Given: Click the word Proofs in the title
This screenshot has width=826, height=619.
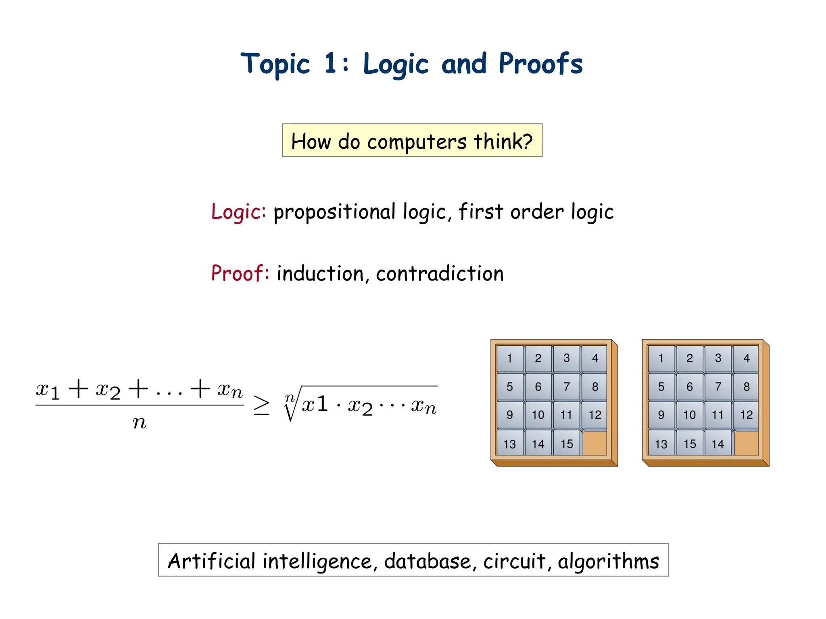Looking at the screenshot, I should tap(540, 64).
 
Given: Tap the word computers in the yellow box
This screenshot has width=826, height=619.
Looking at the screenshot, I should tap(417, 141).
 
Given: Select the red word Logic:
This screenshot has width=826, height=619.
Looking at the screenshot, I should tap(238, 212).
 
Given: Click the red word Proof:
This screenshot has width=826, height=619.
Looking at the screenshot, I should tap(240, 273).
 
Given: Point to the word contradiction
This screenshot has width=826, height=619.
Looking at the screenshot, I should tap(440, 273).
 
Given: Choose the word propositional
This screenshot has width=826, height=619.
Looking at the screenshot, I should tap(334, 212).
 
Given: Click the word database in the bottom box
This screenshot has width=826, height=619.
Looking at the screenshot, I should tap(427, 561).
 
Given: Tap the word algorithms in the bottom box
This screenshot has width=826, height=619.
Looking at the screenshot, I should tap(608, 561).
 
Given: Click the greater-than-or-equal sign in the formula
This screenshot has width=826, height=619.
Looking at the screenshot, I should tap(261, 405).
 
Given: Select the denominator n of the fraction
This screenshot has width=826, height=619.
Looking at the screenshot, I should tap(140, 422).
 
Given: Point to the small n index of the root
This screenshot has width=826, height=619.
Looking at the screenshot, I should tap(289, 398).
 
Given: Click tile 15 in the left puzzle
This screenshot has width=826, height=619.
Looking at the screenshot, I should tap(567, 444).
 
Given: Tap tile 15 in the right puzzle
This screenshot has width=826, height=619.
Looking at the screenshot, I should tap(690, 444).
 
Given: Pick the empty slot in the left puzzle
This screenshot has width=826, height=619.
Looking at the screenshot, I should tap(595, 443).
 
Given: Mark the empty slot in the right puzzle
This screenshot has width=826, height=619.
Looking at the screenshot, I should tap(746, 443).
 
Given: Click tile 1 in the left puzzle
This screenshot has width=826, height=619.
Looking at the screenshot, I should tap(510, 358).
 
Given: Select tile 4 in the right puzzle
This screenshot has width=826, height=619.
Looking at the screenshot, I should tap(747, 358).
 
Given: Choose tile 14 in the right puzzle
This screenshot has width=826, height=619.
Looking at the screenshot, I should tap(718, 444).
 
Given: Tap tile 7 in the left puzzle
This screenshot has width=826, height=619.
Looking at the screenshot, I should tap(567, 386).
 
